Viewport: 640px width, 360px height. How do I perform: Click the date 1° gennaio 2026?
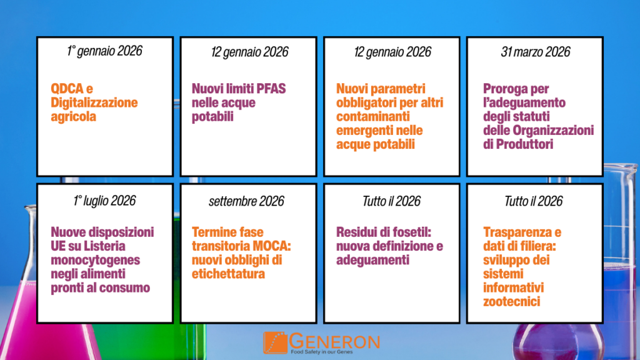(104, 51)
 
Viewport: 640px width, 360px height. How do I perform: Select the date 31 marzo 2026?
(535, 52)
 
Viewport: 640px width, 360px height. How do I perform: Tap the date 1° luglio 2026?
(104, 201)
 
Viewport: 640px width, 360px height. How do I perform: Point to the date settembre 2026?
(246, 201)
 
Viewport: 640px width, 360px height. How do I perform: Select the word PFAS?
(271, 89)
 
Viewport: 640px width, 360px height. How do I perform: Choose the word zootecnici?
(511, 302)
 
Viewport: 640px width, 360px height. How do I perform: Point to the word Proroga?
(504, 89)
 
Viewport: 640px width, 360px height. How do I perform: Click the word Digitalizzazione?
(94, 102)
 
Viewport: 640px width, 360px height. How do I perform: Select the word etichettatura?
(228, 274)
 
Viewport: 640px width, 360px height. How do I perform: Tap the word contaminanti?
(373, 116)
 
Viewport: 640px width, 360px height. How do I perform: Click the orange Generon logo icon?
(276, 342)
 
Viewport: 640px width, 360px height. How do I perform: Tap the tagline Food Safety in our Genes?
(322, 351)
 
